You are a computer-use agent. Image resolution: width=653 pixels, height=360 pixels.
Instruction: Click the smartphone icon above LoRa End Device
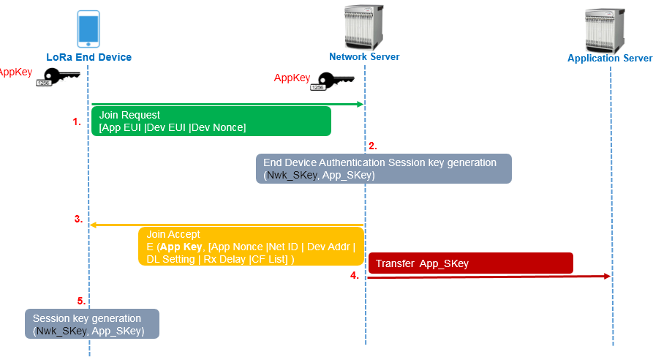coord(88,28)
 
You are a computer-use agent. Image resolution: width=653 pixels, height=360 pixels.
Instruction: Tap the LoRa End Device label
coord(88,57)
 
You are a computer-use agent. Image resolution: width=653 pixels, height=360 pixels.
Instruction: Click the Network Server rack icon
coord(364,26)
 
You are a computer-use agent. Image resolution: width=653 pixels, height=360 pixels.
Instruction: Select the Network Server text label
coord(364,56)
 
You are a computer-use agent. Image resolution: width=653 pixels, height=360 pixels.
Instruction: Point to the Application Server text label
coord(610,59)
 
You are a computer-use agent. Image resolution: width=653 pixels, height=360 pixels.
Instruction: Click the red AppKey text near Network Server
coord(292,78)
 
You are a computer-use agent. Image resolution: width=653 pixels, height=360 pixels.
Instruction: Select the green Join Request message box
coord(211,121)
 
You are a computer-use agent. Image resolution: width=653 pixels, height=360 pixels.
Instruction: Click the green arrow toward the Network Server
coord(227,105)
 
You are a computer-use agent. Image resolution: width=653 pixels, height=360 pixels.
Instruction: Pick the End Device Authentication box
coord(383,168)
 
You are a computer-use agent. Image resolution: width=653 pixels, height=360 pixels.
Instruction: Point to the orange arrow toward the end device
coord(227,225)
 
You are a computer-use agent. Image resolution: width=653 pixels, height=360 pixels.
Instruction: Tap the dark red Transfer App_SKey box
coord(470,263)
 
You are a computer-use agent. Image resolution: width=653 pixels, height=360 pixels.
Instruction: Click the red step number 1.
coord(77,123)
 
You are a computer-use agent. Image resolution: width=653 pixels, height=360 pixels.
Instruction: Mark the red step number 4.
coord(354,276)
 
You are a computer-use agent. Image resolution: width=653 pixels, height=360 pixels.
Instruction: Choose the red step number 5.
coord(81,300)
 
